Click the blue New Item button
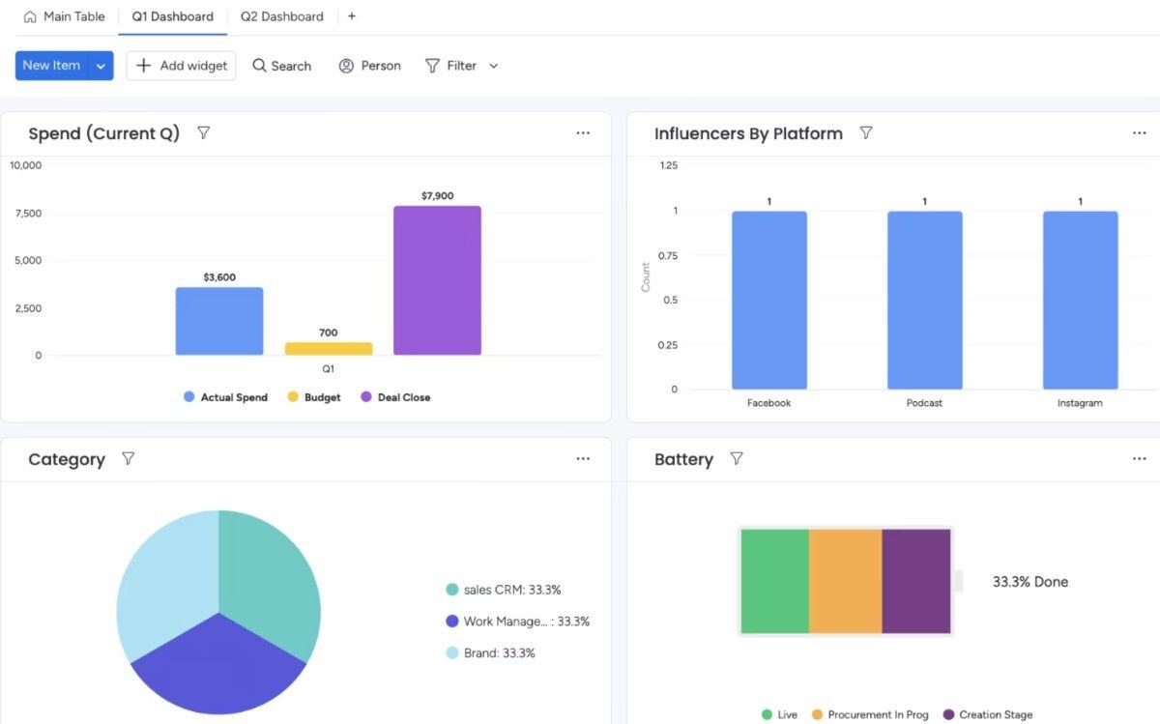click(x=52, y=66)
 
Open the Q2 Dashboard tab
click(x=281, y=16)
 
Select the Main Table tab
click(x=65, y=16)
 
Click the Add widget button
click(x=182, y=66)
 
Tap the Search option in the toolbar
click(x=281, y=66)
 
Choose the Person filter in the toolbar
click(x=369, y=66)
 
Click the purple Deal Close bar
click(x=437, y=280)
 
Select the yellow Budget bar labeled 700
click(x=329, y=348)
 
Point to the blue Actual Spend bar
click(x=219, y=321)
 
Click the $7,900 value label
click(x=437, y=195)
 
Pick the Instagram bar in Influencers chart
click(x=1080, y=301)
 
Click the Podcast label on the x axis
click(x=924, y=403)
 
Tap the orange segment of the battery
click(x=845, y=581)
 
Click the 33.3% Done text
click(x=1029, y=582)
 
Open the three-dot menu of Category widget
click(x=583, y=459)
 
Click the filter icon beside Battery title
click(x=737, y=459)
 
